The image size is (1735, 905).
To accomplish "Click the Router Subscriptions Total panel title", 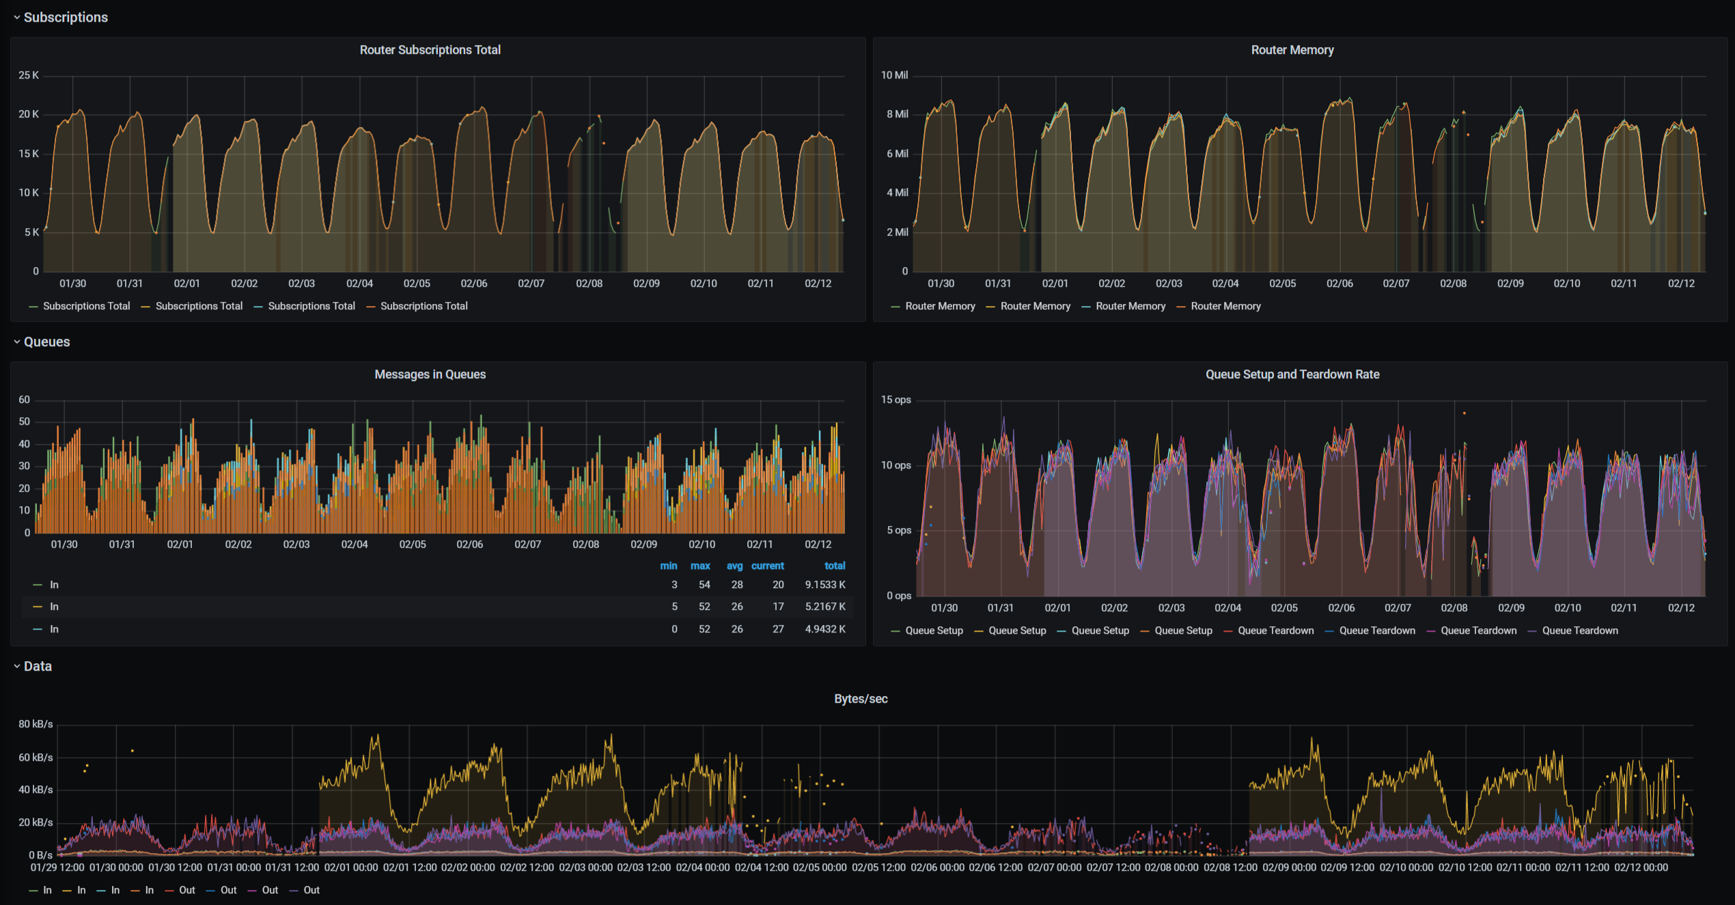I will tap(430, 50).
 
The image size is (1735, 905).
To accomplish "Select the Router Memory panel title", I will tap(1292, 50).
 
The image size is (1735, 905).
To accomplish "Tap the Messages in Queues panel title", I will tap(430, 374).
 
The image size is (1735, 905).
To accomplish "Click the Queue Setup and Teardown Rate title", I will tap(1292, 374).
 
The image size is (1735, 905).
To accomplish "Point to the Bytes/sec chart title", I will tap(860, 699).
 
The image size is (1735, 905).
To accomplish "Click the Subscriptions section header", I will tap(66, 17).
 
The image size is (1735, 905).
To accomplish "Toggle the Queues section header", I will tap(46, 342).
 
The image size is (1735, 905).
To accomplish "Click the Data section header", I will tap(38, 666).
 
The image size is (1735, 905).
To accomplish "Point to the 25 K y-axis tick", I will tap(29, 75).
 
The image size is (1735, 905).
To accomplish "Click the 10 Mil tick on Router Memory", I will tap(893, 75).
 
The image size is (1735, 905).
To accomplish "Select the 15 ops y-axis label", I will tap(896, 400).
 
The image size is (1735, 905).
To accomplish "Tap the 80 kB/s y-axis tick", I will tap(36, 724).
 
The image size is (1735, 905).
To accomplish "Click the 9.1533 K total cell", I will tap(824, 585).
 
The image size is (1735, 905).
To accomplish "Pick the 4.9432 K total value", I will tap(824, 629).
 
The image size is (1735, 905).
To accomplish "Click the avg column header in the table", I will tap(734, 566).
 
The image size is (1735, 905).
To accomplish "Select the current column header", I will tap(767, 566).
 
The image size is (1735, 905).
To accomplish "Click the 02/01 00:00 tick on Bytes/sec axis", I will tap(350, 867).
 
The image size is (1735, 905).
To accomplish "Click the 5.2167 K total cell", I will tap(824, 607).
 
